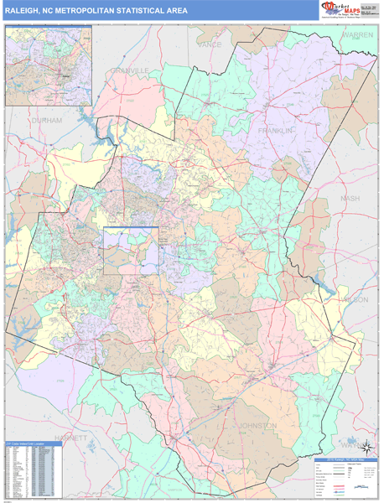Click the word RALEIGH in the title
[24, 11]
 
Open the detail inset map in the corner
[48, 65]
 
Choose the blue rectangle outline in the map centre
[131, 250]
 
